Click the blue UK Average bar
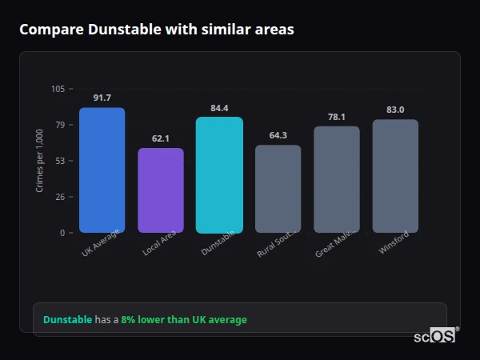[x=102, y=170]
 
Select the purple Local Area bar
[x=161, y=190]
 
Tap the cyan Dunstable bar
[x=219, y=175]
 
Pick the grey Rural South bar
[x=278, y=189]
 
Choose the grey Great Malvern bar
[x=337, y=179]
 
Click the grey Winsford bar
[x=395, y=176]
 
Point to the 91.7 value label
[x=102, y=98]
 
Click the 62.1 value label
[x=161, y=138]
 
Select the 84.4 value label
[x=219, y=108]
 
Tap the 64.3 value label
[x=278, y=135]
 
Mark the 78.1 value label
[x=337, y=117]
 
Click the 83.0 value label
[x=395, y=110]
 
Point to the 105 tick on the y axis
[x=58, y=89]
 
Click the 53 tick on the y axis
[x=60, y=161]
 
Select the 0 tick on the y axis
[x=62, y=233]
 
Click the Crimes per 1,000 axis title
[x=40, y=161]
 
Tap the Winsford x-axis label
[x=394, y=242]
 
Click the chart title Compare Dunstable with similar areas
[x=157, y=30]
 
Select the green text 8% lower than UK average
[x=184, y=319]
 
